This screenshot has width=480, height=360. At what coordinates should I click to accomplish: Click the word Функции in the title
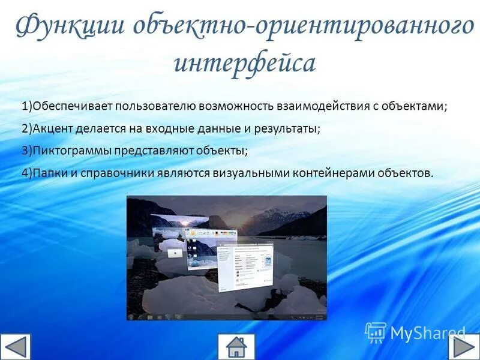click(x=68, y=27)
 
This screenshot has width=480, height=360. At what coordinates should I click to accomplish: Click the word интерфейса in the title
click(x=244, y=62)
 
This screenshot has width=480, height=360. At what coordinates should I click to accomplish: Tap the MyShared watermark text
click(x=428, y=333)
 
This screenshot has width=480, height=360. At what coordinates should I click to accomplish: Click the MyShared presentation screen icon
click(x=376, y=332)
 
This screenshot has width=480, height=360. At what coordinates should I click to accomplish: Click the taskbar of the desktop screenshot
click(x=227, y=316)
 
